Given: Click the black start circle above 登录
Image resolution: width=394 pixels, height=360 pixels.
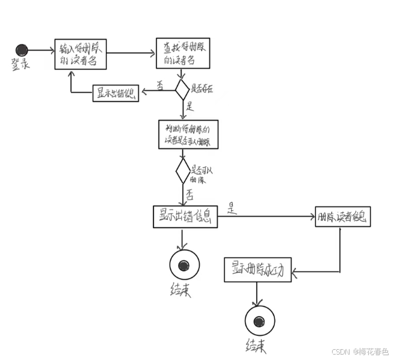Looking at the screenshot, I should [22, 50].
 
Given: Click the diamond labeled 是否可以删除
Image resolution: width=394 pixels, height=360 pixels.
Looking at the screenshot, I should [182, 172].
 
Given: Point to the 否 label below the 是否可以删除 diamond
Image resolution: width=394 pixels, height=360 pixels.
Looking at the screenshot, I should [189, 195].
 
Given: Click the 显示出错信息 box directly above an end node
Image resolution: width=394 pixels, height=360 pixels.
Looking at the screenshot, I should [185, 217].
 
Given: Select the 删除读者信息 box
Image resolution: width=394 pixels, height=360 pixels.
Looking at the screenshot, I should [342, 217].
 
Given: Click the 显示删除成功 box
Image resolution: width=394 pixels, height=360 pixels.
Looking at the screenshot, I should [257, 270].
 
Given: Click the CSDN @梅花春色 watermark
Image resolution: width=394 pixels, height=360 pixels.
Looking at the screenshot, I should [360, 351].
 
